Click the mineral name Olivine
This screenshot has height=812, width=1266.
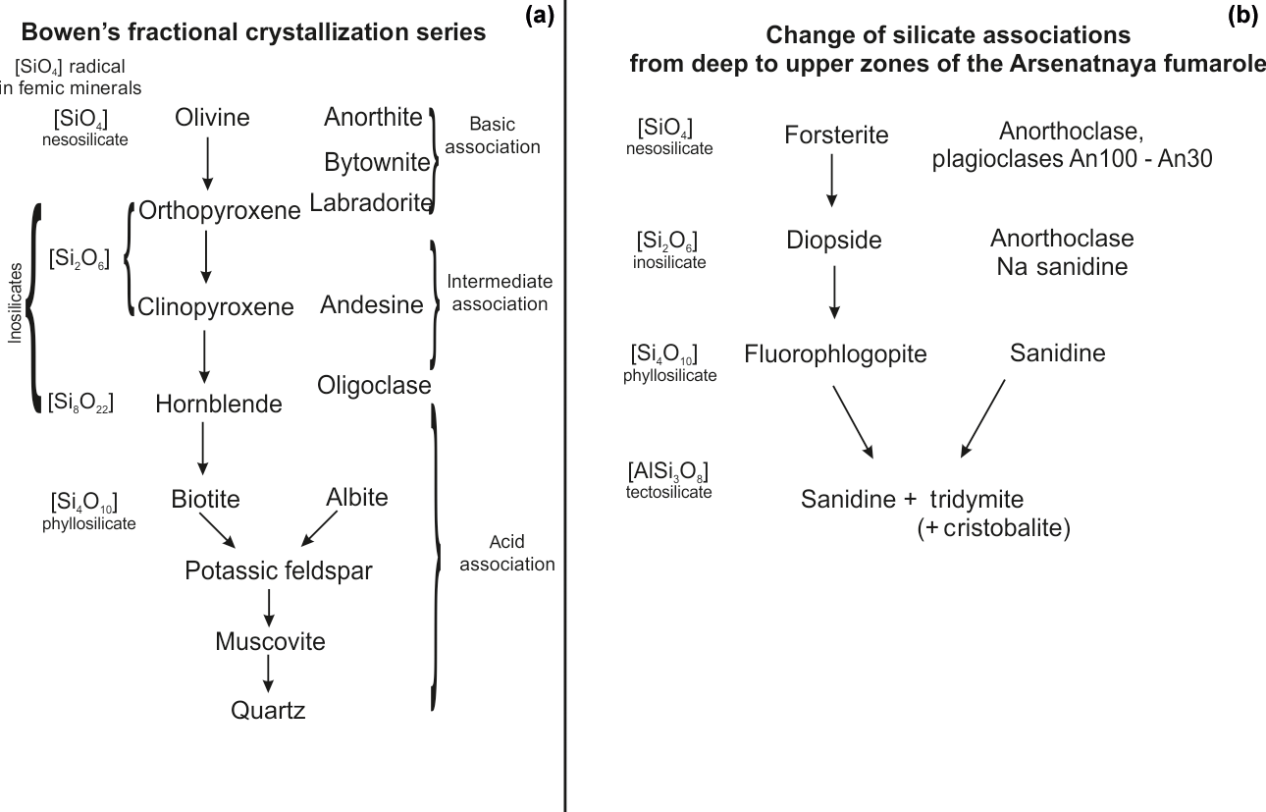(212, 118)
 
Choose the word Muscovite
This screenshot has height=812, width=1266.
(270, 642)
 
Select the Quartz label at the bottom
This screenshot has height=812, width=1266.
(268, 710)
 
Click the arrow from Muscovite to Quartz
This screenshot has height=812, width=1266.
(267, 676)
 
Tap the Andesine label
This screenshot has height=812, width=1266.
(372, 305)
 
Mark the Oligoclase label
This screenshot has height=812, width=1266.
(374, 386)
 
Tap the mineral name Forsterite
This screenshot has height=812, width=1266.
(836, 135)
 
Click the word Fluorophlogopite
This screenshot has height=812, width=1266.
(835, 353)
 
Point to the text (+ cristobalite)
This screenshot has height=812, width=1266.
(992, 528)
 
